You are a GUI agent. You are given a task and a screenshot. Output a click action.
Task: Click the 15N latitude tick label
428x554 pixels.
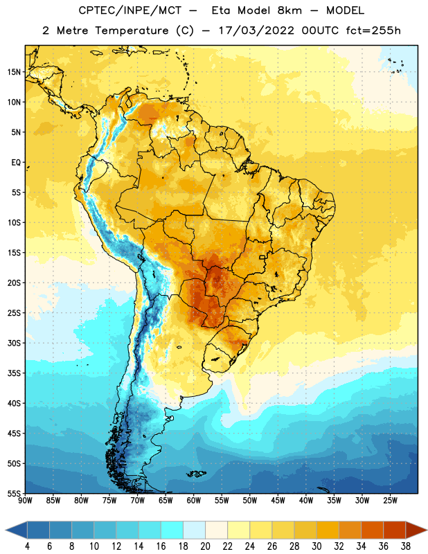click(x=14, y=72)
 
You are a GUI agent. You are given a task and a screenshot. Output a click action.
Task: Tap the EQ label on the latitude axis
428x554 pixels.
click(x=16, y=163)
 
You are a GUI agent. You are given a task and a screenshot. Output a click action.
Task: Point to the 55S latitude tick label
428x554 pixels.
click(x=14, y=493)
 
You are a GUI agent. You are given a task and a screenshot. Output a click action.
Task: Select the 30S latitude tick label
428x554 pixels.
click(x=14, y=343)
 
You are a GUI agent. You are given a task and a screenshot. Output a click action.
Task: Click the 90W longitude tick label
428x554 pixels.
click(x=25, y=501)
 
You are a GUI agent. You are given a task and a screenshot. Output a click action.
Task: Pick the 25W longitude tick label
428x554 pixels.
click(x=390, y=501)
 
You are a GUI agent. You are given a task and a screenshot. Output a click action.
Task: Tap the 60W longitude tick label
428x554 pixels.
click(x=194, y=501)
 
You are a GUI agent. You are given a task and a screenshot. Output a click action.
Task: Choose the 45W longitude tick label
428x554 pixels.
click(x=278, y=501)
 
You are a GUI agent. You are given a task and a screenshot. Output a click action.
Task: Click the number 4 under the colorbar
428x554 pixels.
click(x=27, y=546)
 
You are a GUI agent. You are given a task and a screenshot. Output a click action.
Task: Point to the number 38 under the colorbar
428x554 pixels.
click(x=406, y=546)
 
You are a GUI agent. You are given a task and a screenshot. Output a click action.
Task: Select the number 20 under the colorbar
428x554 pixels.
click(x=205, y=546)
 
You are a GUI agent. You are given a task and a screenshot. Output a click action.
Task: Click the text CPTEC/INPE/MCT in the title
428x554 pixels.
click(x=130, y=10)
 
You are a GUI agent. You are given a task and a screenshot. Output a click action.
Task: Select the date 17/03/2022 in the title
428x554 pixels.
click(x=256, y=30)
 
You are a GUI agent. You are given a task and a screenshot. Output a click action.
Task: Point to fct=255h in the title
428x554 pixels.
click(x=373, y=30)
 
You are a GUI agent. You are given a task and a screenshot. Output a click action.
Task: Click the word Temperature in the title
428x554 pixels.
click(x=132, y=30)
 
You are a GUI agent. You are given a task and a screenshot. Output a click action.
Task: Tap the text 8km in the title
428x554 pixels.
click(x=289, y=10)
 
